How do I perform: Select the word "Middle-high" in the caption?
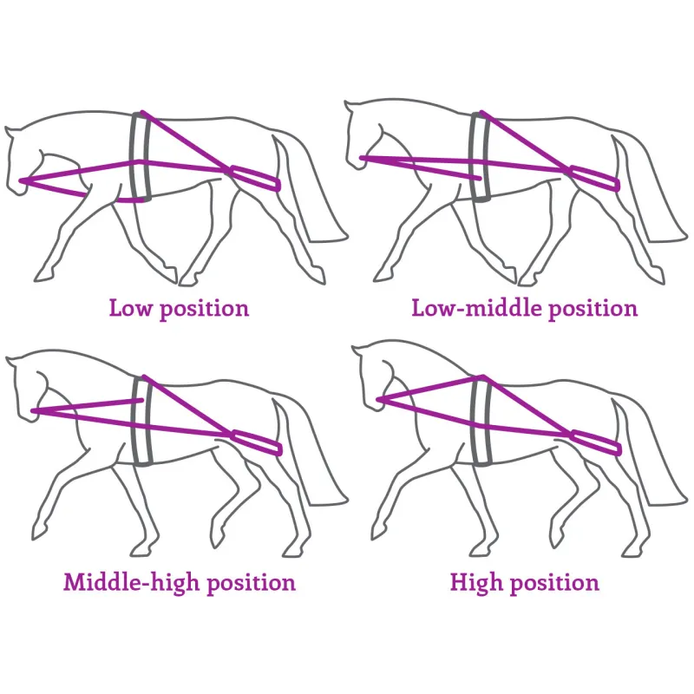pos(131,581)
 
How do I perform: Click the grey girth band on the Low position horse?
pos(141,156)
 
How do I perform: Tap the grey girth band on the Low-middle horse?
pos(481,156)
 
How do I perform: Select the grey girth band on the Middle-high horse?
pos(142,421)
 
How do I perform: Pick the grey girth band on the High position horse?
pos(481,421)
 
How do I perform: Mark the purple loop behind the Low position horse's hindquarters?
pos(255,178)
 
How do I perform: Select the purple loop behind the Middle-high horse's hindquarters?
pos(256,442)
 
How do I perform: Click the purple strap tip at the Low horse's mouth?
pos(21,180)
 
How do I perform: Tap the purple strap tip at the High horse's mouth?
pos(379,400)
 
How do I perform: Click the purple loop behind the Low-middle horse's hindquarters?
pos(595,178)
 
